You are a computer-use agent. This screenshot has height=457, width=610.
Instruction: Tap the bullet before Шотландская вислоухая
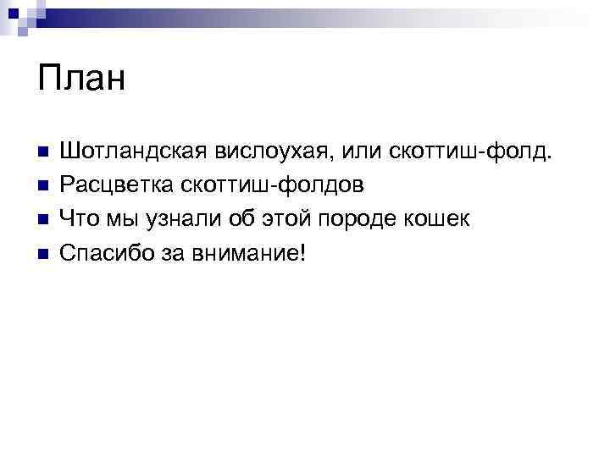(x=44, y=152)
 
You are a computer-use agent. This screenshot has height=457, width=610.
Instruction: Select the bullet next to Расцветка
(x=44, y=185)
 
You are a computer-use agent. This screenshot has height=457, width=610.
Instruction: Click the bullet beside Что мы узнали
(x=44, y=219)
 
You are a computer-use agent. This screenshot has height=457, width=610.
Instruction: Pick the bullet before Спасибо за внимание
(x=44, y=253)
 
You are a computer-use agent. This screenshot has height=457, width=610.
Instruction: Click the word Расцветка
(x=117, y=185)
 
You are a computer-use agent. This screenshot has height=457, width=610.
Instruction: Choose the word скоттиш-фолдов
(x=273, y=185)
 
